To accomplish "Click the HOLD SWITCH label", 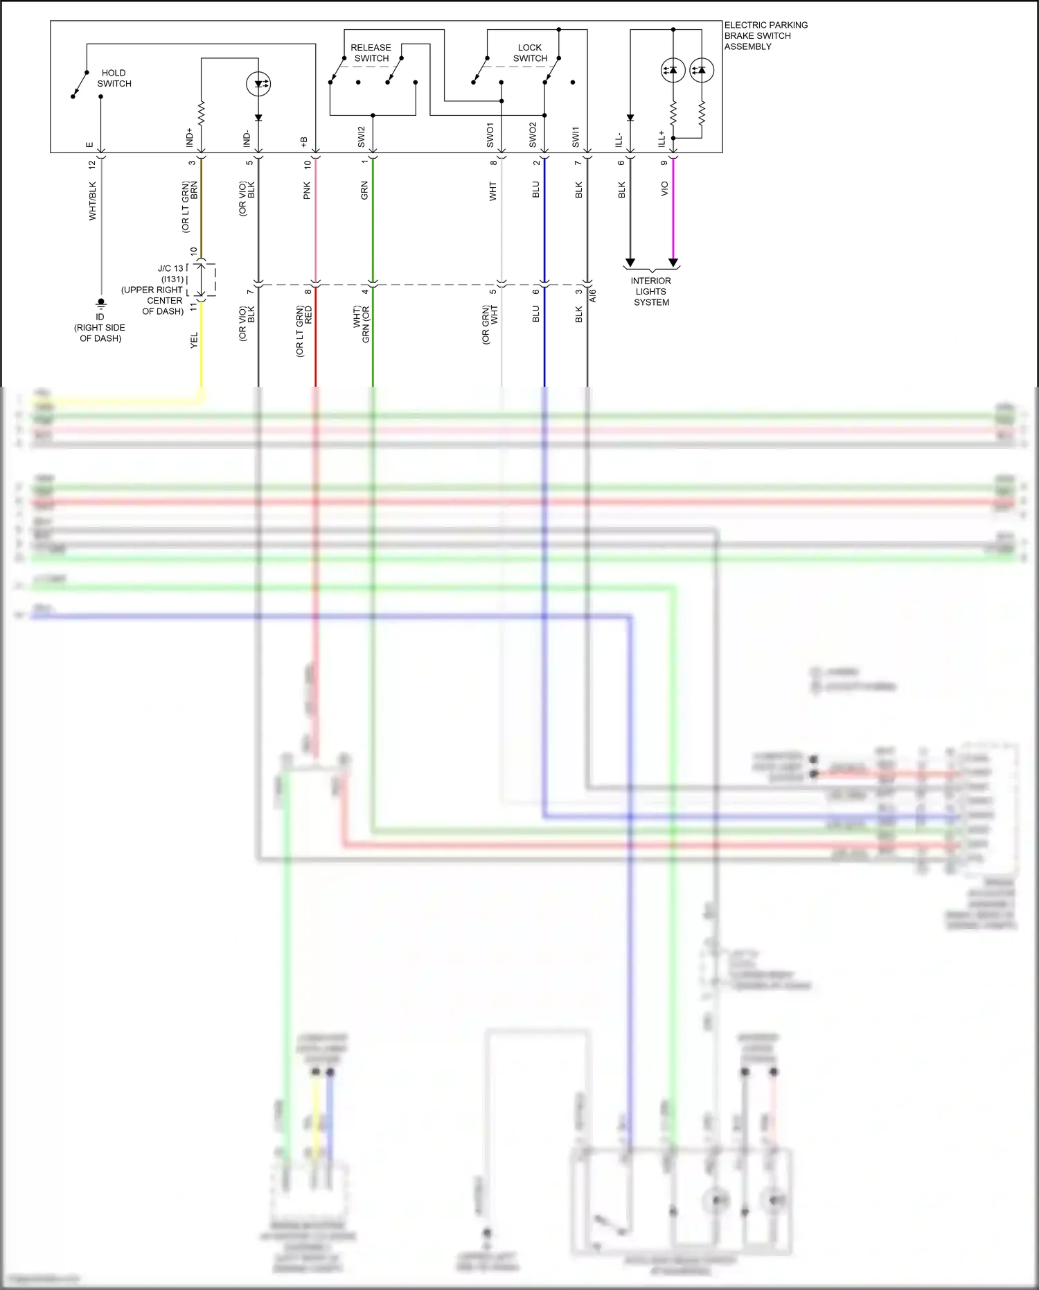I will pyautogui.click(x=114, y=78).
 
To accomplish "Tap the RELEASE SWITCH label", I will pyautogui.click(x=371, y=53).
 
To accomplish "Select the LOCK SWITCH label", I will pyautogui.click(x=530, y=53).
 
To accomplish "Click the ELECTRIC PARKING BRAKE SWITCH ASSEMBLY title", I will pyautogui.click(x=765, y=35).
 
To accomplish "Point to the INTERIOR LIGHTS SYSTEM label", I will pyautogui.click(x=650, y=291).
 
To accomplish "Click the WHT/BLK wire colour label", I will pyautogui.click(x=93, y=201).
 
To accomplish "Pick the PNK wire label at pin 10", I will pyautogui.click(x=308, y=191).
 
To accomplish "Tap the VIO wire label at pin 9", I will pyautogui.click(x=664, y=189).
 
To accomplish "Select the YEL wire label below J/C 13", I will pyautogui.click(x=195, y=340).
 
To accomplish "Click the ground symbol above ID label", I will pyautogui.click(x=100, y=302).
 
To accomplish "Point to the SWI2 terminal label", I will pyautogui.click(x=362, y=137).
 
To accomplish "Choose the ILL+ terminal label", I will pyautogui.click(x=661, y=138).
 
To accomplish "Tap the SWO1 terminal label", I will pyautogui.click(x=490, y=135).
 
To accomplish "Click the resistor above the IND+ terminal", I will pyautogui.click(x=202, y=113).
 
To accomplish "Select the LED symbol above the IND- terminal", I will pyautogui.click(x=258, y=85).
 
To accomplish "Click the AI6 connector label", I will pyautogui.click(x=594, y=296).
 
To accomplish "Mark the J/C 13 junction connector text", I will pyautogui.click(x=170, y=268).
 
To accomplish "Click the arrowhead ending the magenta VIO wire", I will pyautogui.click(x=673, y=263).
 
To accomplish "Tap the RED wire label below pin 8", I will pyautogui.click(x=309, y=315).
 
